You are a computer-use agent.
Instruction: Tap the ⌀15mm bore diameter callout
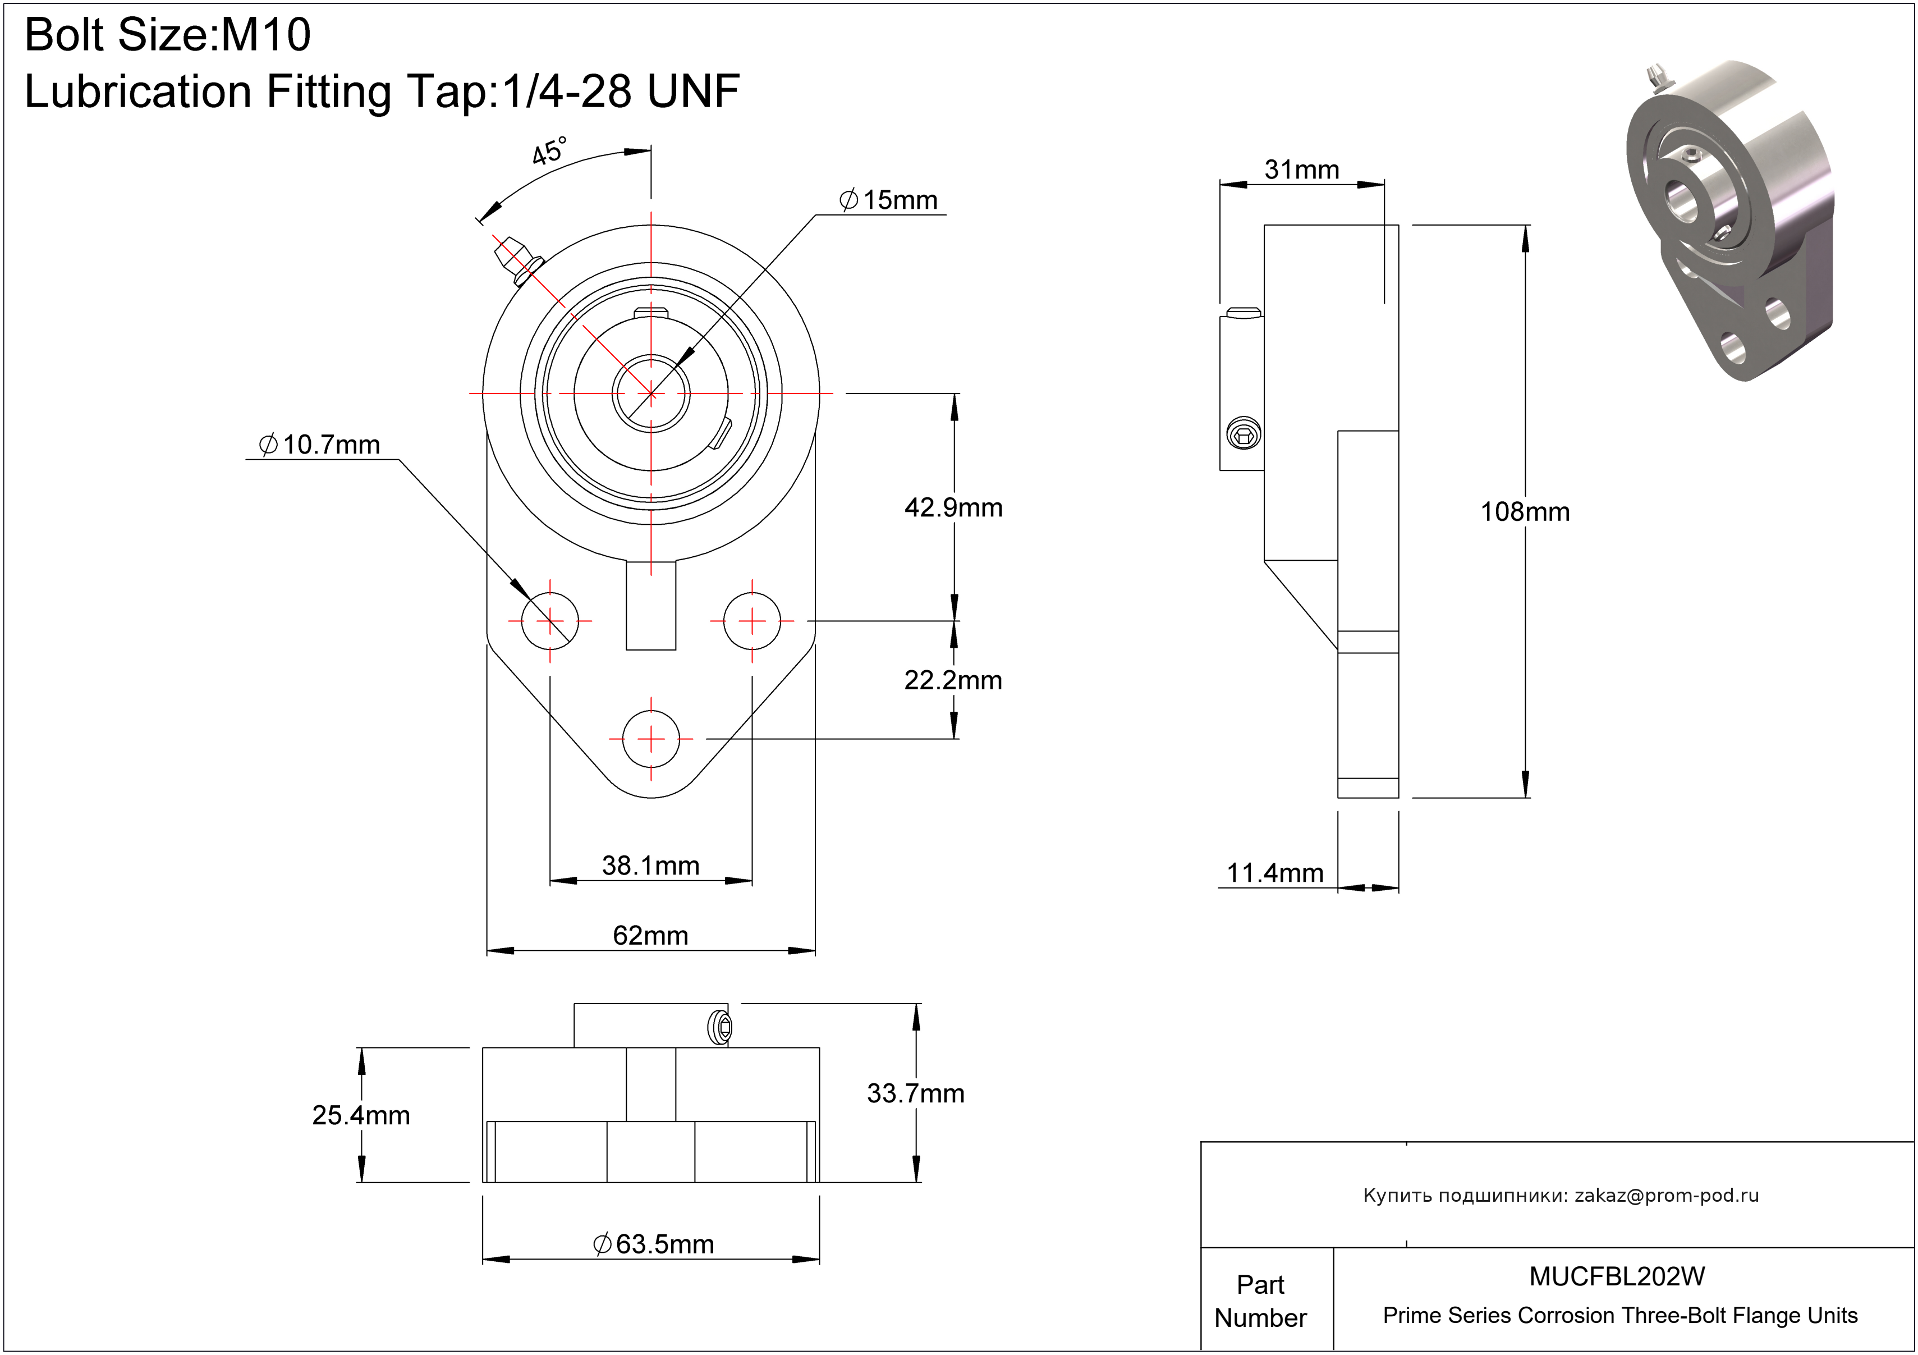pos(889,200)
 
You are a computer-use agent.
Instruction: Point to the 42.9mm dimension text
pos(953,508)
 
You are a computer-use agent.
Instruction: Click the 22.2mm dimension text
pos(953,681)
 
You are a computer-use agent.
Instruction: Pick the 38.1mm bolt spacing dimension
pos(651,866)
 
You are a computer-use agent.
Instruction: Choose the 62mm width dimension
pos(651,936)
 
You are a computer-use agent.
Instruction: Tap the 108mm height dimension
pos(1525,512)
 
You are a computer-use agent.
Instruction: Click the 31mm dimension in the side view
pos(1301,171)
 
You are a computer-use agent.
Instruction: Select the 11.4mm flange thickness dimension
pos(1275,874)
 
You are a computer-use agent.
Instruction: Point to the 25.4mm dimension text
pos(361,1115)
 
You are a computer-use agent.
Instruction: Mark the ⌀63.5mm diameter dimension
pos(653,1245)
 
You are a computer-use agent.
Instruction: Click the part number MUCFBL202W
pos(1617,1276)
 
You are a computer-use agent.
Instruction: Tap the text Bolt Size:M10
pos(168,35)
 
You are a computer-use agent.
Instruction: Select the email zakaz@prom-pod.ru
pos(1667,1196)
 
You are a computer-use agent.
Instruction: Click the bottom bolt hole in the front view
pos(651,739)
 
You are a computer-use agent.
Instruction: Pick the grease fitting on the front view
pos(516,259)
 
